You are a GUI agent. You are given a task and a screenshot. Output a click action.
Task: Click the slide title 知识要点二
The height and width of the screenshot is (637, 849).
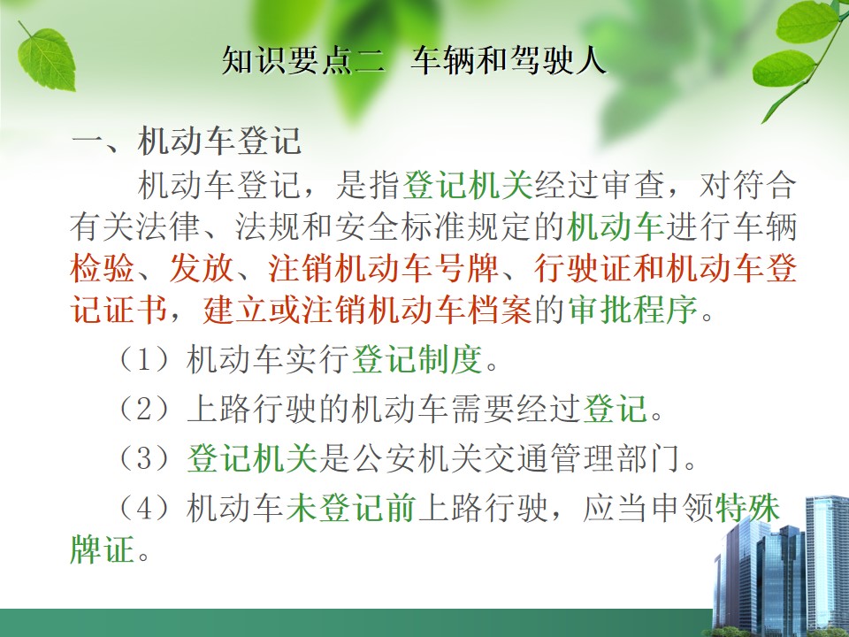click(303, 60)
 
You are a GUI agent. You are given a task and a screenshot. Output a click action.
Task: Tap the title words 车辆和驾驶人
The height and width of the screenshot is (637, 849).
click(509, 60)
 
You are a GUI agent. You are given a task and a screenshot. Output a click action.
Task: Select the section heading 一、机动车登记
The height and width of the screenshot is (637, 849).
click(187, 142)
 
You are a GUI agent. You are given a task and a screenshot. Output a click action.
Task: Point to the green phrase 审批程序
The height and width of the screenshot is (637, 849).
click(633, 311)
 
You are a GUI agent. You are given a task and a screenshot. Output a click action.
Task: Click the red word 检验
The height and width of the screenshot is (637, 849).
click(103, 268)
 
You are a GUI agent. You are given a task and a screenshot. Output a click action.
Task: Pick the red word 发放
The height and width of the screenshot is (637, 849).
click(202, 268)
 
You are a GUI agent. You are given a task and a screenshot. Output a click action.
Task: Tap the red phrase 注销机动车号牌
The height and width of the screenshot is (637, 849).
click(383, 268)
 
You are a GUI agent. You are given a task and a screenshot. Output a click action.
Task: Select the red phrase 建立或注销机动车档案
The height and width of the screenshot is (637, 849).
click(367, 311)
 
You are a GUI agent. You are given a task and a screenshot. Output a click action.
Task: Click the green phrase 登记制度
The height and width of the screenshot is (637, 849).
click(417, 359)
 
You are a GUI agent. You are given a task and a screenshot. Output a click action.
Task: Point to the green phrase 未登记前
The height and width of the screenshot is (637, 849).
click(351, 508)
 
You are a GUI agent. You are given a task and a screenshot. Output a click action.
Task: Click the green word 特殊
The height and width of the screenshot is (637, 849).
click(748, 508)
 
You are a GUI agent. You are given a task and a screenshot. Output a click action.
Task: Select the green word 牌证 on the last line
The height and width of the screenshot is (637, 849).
click(103, 549)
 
